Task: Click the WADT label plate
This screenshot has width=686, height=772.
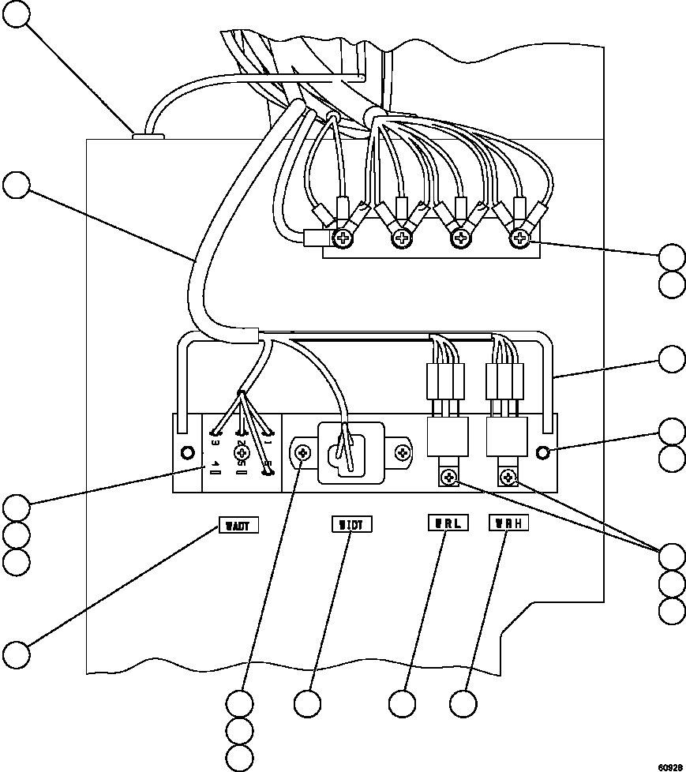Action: tap(238, 525)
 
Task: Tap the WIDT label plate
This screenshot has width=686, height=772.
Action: tap(350, 524)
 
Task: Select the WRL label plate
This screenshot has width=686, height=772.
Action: tap(448, 523)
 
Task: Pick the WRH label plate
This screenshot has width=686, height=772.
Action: tap(508, 523)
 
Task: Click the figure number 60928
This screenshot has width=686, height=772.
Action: tap(669, 766)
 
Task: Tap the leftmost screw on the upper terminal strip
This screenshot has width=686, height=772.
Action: tap(344, 237)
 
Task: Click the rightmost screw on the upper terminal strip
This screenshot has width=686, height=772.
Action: tap(519, 237)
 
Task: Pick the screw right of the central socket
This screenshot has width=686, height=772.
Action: tap(403, 453)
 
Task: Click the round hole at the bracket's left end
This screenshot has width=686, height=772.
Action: tap(188, 453)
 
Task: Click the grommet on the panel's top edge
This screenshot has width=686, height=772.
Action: tap(147, 137)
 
